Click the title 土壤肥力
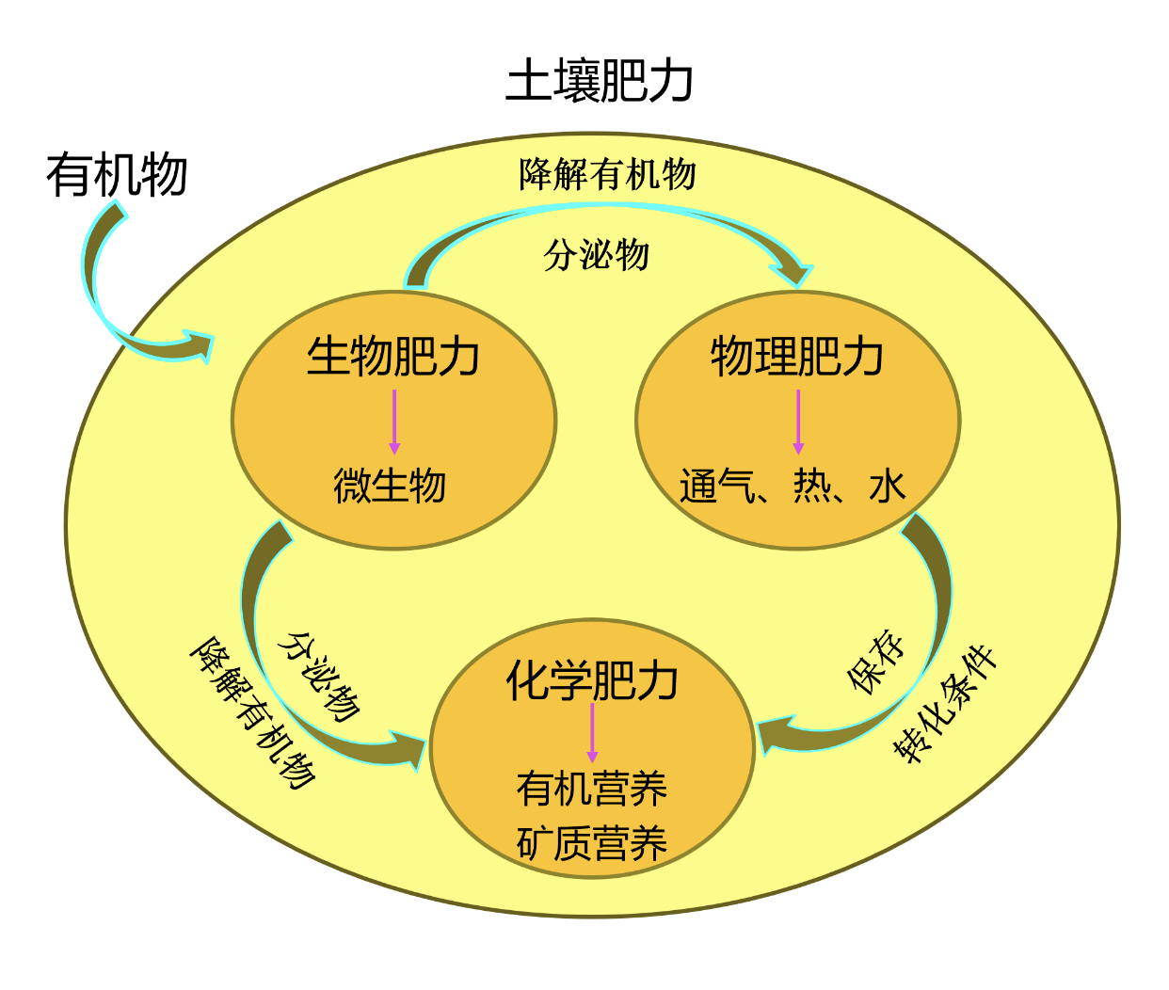click(600, 82)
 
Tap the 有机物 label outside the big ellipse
click(117, 175)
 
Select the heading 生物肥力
click(393, 357)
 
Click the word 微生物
click(390, 486)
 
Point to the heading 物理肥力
click(797, 357)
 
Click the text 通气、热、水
click(793, 487)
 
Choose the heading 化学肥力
click(592, 680)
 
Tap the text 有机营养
click(592, 789)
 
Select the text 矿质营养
click(592, 842)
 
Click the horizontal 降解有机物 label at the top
click(607, 174)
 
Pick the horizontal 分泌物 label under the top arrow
click(596, 255)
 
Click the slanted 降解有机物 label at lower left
click(252, 712)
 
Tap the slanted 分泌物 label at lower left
click(319, 677)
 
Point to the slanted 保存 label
click(876, 662)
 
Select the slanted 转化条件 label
click(944, 704)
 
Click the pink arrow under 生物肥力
click(394, 422)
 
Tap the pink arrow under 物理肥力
click(798, 422)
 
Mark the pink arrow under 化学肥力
click(592, 732)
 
